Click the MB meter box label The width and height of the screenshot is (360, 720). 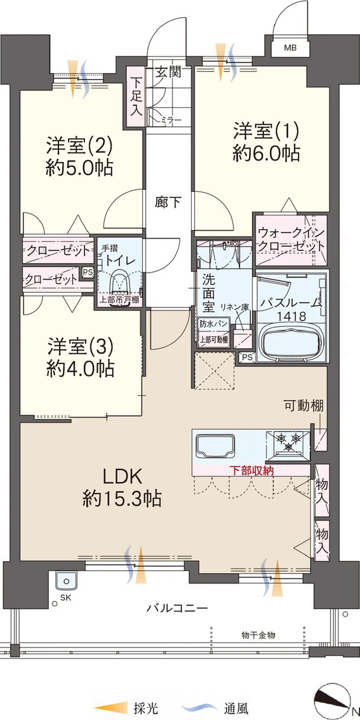(x=290, y=48)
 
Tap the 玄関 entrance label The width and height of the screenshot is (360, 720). (x=169, y=72)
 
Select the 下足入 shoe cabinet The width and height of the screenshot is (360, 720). (x=136, y=96)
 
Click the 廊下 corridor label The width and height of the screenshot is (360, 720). (x=168, y=202)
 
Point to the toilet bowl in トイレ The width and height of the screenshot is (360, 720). (x=121, y=286)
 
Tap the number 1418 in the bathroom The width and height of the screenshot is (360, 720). (x=292, y=316)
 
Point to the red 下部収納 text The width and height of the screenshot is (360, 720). (x=251, y=470)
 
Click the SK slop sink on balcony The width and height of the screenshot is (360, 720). (x=66, y=581)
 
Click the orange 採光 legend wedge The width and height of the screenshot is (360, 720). (x=111, y=708)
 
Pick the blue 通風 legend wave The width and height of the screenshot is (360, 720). (x=199, y=707)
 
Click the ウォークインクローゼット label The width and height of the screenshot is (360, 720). (x=291, y=240)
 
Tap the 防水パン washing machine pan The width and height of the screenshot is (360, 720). (x=214, y=323)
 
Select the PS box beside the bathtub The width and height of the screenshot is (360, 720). (x=247, y=358)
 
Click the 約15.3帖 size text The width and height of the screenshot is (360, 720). (x=122, y=499)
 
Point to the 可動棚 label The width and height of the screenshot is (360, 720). (x=304, y=405)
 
